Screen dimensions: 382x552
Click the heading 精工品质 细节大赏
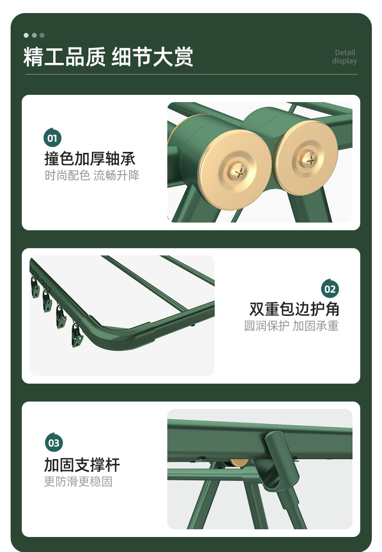pos(108,57)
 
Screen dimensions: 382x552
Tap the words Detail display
pos(344,57)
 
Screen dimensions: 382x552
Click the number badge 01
pos(52,138)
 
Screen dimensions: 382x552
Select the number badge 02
pos(330,289)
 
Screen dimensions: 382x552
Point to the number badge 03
pos(54,442)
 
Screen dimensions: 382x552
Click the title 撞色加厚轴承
pos(90,159)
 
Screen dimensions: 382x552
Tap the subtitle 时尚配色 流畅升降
pos(92,175)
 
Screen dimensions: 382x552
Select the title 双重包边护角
pos(294,309)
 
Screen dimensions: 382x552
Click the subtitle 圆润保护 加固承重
pos(291,326)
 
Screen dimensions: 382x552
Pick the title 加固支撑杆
pos(82,465)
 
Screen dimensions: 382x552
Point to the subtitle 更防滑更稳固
pos(78,481)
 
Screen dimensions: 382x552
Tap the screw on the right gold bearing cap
pos(309,160)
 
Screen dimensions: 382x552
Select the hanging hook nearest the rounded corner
pos(77,335)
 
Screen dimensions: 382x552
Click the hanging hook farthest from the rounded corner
pos(35,287)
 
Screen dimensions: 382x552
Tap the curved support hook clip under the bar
pos(279,461)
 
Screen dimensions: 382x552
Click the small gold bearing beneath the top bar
pos(240,463)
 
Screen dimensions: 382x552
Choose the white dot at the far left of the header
pos(26,35)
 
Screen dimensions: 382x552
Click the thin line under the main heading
pos(191,75)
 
